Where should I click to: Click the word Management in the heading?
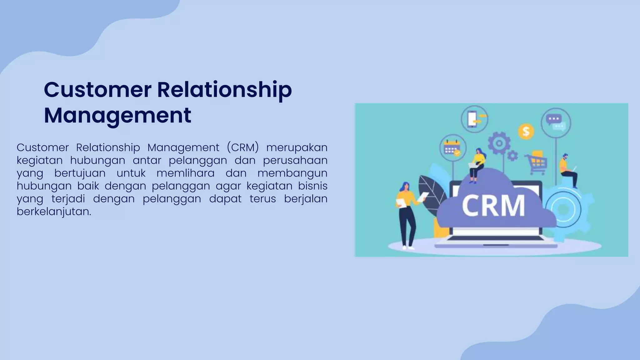tap(117, 115)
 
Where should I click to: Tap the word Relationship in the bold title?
tap(224, 90)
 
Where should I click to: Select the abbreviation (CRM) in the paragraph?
tap(243, 147)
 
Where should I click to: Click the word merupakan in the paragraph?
tap(297, 147)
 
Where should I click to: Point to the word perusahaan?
tap(295, 160)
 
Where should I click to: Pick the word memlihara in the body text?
tap(185, 173)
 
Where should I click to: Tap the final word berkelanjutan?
tap(54, 212)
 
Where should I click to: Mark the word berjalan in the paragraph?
tap(305, 199)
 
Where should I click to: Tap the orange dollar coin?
tap(526, 131)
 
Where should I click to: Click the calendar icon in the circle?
tap(452, 147)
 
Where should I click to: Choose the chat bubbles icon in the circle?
tap(556, 123)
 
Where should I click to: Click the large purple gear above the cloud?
tap(499, 143)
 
